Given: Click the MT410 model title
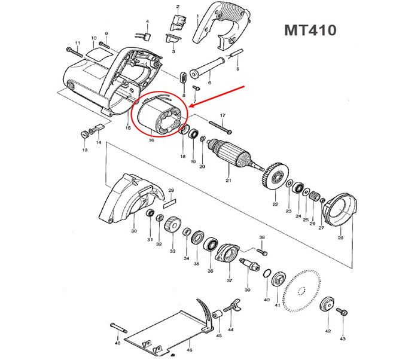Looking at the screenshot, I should point(310,30).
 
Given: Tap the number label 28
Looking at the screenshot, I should point(340,237).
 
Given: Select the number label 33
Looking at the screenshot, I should point(172,251).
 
